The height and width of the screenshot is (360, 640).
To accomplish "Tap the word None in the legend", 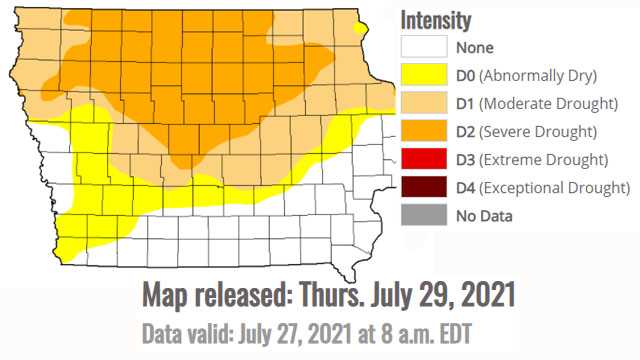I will pos(474,46).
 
